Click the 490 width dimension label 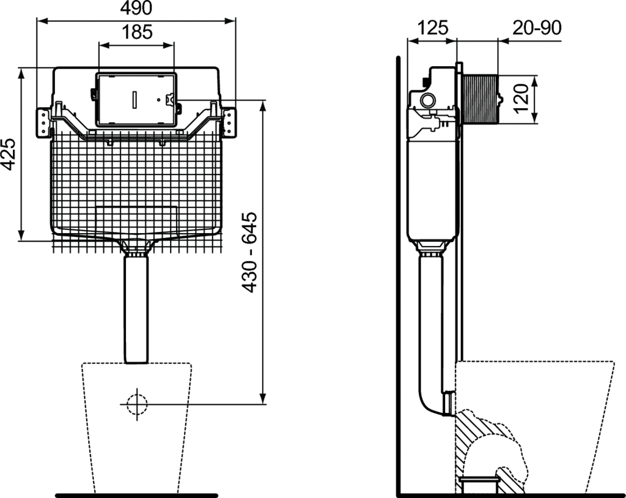pyautogui.click(x=136, y=8)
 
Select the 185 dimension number pyautogui.click(x=137, y=32)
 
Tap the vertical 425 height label pyautogui.click(x=8, y=154)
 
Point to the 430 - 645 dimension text pyautogui.click(x=250, y=252)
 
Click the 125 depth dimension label pyautogui.click(x=433, y=28)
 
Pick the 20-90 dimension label pyautogui.click(x=537, y=28)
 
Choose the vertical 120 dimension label pyautogui.click(x=521, y=98)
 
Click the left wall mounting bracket pyautogui.click(x=43, y=123)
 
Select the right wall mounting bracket pyautogui.click(x=229, y=123)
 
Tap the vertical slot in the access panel pyautogui.click(x=134, y=99)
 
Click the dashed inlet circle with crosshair pyautogui.click(x=137, y=404)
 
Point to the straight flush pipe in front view pyautogui.click(x=136, y=310)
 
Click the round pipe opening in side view pyautogui.click(x=427, y=100)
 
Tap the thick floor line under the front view pyautogui.click(x=136, y=496)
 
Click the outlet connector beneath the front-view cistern pyautogui.click(x=136, y=248)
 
